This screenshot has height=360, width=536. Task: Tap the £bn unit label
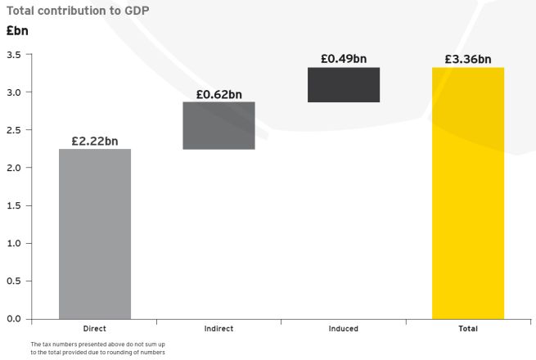(17, 32)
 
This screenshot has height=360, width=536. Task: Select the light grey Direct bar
(95, 234)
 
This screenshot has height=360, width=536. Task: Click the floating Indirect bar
(219, 126)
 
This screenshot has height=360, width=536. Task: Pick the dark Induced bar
(344, 85)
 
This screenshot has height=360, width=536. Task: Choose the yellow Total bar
(468, 193)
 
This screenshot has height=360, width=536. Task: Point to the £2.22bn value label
(95, 141)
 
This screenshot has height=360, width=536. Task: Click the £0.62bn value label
(219, 94)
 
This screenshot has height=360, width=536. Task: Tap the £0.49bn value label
(344, 59)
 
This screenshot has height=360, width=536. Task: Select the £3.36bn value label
(468, 59)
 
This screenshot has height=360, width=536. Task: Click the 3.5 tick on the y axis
(14, 55)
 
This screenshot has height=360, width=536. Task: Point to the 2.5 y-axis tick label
(14, 130)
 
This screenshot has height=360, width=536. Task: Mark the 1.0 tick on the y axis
(14, 244)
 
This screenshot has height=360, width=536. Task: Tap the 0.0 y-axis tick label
(14, 319)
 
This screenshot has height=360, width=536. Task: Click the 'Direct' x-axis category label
(95, 329)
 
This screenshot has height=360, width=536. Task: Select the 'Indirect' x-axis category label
(219, 329)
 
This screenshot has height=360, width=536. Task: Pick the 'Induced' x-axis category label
(344, 329)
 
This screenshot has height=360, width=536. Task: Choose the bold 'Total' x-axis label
(468, 329)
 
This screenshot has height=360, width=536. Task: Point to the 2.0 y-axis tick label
(14, 168)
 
